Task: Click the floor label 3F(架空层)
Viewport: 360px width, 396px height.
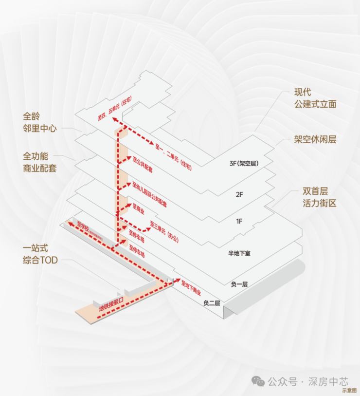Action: click(243, 164)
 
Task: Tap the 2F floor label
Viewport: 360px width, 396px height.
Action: click(239, 194)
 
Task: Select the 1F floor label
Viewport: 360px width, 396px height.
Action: click(239, 222)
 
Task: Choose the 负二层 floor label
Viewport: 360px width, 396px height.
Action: click(212, 303)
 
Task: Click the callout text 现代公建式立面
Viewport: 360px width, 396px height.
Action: click(315, 98)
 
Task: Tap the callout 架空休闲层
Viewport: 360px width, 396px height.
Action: click(315, 139)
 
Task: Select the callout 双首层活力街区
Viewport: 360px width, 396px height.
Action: click(315, 197)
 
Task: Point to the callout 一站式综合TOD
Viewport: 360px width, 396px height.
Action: click(40, 254)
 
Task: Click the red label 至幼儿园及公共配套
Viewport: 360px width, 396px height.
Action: click(149, 195)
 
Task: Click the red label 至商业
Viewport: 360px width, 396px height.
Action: click(139, 210)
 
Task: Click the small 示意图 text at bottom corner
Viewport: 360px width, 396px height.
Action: click(349, 391)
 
